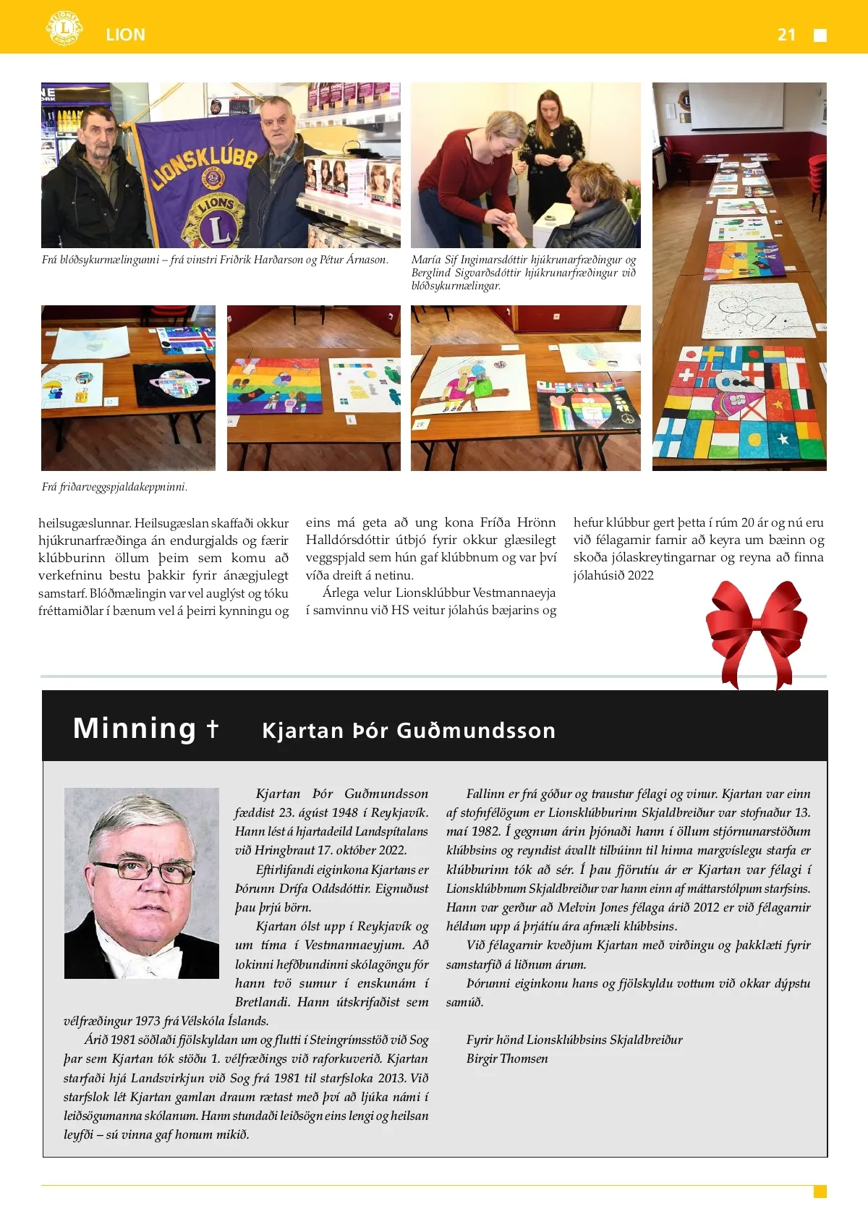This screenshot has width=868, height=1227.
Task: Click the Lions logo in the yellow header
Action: (x=64, y=29)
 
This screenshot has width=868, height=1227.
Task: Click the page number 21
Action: (x=786, y=35)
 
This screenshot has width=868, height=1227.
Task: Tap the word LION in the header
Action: (x=125, y=35)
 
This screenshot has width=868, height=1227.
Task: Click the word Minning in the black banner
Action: (x=135, y=728)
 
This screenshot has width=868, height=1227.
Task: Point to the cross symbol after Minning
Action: (x=212, y=728)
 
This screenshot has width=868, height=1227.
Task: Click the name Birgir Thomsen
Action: (x=507, y=1058)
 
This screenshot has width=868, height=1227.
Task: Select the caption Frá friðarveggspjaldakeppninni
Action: (x=114, y=487)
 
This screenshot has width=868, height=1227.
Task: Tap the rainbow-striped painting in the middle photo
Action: (x=275, y=385)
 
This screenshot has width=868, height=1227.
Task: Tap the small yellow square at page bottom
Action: (x=820, y=1192)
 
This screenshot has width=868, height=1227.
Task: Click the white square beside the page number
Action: (x=820, y=35)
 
